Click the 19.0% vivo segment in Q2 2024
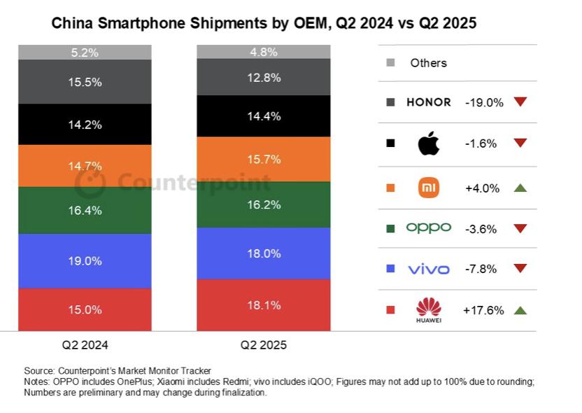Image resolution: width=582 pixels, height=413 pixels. pos(85,261)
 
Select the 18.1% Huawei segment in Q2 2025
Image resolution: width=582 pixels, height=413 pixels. pos(264,305)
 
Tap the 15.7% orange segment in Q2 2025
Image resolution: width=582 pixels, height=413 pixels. pos(264,160)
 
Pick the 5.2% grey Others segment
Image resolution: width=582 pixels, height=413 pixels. pos(85,52)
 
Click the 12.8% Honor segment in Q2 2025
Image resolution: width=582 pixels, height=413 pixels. pos(264,78)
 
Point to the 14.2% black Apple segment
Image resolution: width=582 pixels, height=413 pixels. pos(85,125)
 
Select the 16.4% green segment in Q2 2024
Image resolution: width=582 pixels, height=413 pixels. pos(85,210)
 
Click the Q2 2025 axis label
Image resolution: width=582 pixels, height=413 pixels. pos(264,345)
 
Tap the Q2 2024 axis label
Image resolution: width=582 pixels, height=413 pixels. pos(85,345)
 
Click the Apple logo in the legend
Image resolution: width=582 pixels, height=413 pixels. pos(428,143)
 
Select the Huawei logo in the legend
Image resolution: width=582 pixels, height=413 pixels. pos(428,310)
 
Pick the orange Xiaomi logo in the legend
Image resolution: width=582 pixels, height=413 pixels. pos(428,187)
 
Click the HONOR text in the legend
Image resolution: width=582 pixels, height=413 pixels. pos(428,102)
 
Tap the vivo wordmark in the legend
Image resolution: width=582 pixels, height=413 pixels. pos(428,269)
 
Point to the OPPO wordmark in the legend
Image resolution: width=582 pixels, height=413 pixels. pos(428,227)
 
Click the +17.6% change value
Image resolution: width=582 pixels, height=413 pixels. pos(483,310)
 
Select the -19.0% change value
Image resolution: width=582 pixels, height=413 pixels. pos(484,102)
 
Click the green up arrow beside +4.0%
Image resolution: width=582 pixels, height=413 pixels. pos(520,188)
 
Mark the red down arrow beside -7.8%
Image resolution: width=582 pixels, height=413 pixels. pos(520,269)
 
